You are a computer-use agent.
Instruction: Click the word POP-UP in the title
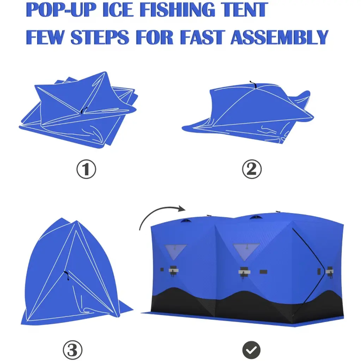(x=61, y=10)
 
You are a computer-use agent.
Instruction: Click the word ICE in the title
(x=118, y=10)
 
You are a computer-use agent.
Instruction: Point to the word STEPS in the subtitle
(x=100, y=37)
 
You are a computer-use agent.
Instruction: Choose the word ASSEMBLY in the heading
(x=279, y=37)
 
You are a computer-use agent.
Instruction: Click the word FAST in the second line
(x=202, y=37)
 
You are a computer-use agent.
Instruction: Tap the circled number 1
(x=86, y=169)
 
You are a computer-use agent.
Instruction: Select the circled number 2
(x=252, y=169)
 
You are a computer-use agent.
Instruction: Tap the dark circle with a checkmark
(x=251, y=350)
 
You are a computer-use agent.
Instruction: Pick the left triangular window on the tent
(x=176, y=252)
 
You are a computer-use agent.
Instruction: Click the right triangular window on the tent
(x=246, y=252)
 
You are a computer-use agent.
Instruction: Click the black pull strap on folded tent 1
(x=84, y=110)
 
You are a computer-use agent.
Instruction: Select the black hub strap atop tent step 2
(x=253, y=85)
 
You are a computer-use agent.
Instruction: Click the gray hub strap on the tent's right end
(x=330, y=272)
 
